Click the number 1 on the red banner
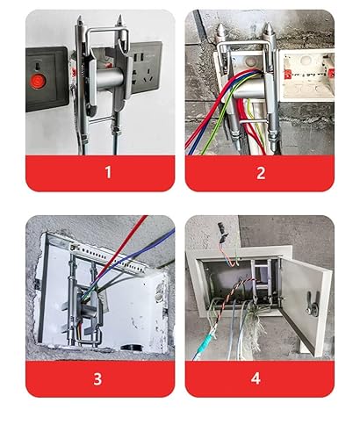(108, 172)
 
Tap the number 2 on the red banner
(260, 172)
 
